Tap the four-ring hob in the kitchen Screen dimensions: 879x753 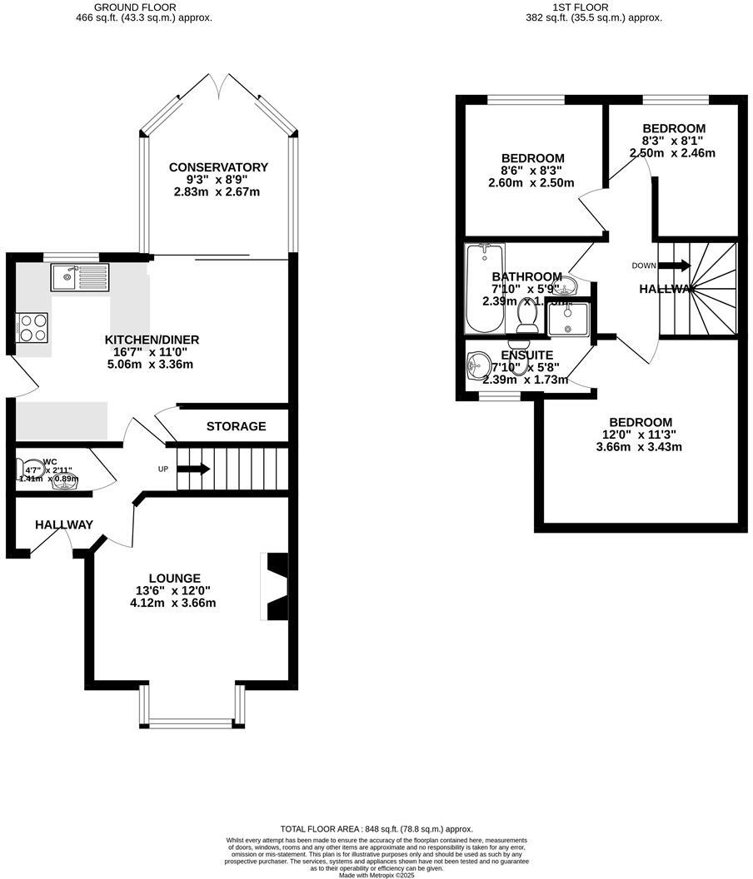click(32, 326)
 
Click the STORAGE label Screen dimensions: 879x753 click(237, 426)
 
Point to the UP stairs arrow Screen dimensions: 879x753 click(192, 469)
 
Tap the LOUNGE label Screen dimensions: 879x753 click(174, 579)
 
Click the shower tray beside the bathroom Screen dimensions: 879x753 click(569, 319)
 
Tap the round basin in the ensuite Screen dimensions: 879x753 click(479, 365)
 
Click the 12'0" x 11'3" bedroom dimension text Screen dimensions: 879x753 click(640, 435)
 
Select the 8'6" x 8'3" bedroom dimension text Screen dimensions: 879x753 click(532, 171)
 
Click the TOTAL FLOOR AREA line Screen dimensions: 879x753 click(376, 829)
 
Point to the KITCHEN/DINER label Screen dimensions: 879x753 click(152, 340)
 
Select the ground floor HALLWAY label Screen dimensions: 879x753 click(64, 524)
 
